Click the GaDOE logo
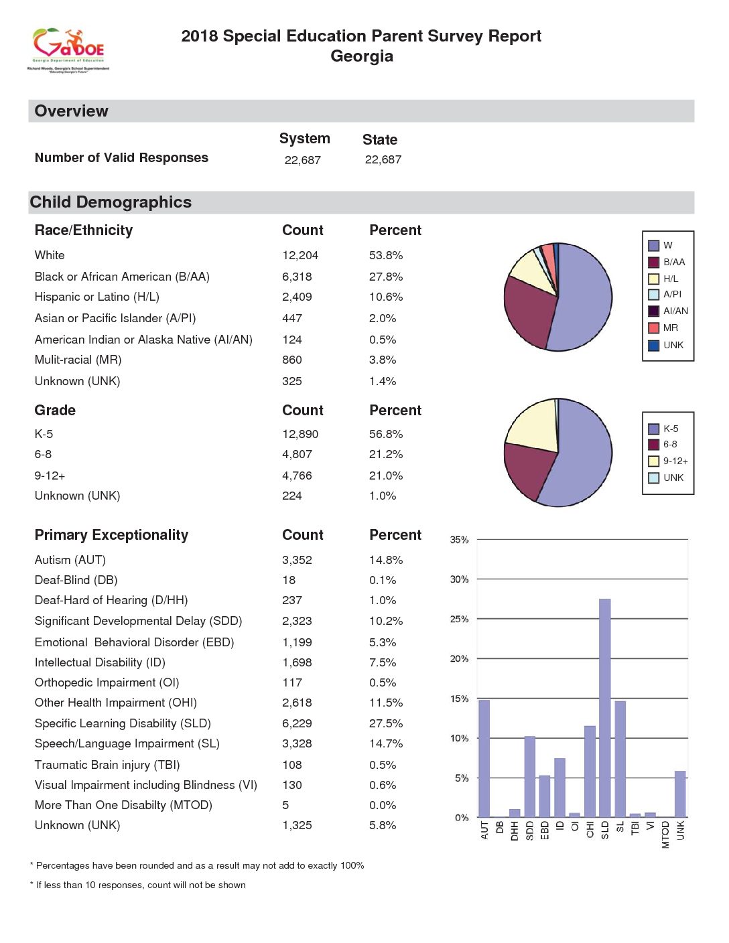tap(68, 50)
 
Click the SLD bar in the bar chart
tap(605, 708)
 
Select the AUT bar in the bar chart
tap(484, 759)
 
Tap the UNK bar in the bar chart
tap(680, 794)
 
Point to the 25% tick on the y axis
tap(459, 619)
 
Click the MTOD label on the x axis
tap(665, 835)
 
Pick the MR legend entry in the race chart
tap(663, 328)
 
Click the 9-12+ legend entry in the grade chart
tap(668, 461)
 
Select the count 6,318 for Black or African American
tap(297, 277)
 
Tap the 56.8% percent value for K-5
tap(386, 434)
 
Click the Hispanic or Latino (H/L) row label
tap(97, 297)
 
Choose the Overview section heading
tap(71, 111)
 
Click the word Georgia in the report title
tap(362, 56)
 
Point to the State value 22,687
tap(383, 159)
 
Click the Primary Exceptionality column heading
tap(111, 535)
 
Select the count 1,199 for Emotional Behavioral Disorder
tap(297, 642)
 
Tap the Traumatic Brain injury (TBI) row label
tap(107, 765)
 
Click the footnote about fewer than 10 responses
tap(137, 885)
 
